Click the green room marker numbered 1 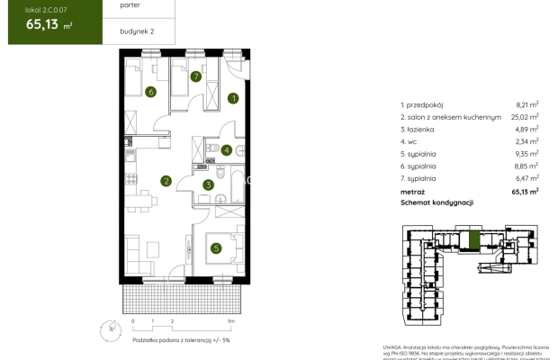(x=233, y=98)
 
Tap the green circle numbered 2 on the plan (x=166, y=181)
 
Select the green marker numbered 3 (x=208, y=185)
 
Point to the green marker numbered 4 (x=228, y=150)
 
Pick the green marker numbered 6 (x=150, y=91)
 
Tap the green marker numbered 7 (x=195, y=76)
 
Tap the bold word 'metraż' (x=415, y=192)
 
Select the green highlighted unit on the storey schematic (x=473, y=239)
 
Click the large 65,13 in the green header (x=32, y=24)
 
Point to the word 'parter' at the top (x=130, y=4)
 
